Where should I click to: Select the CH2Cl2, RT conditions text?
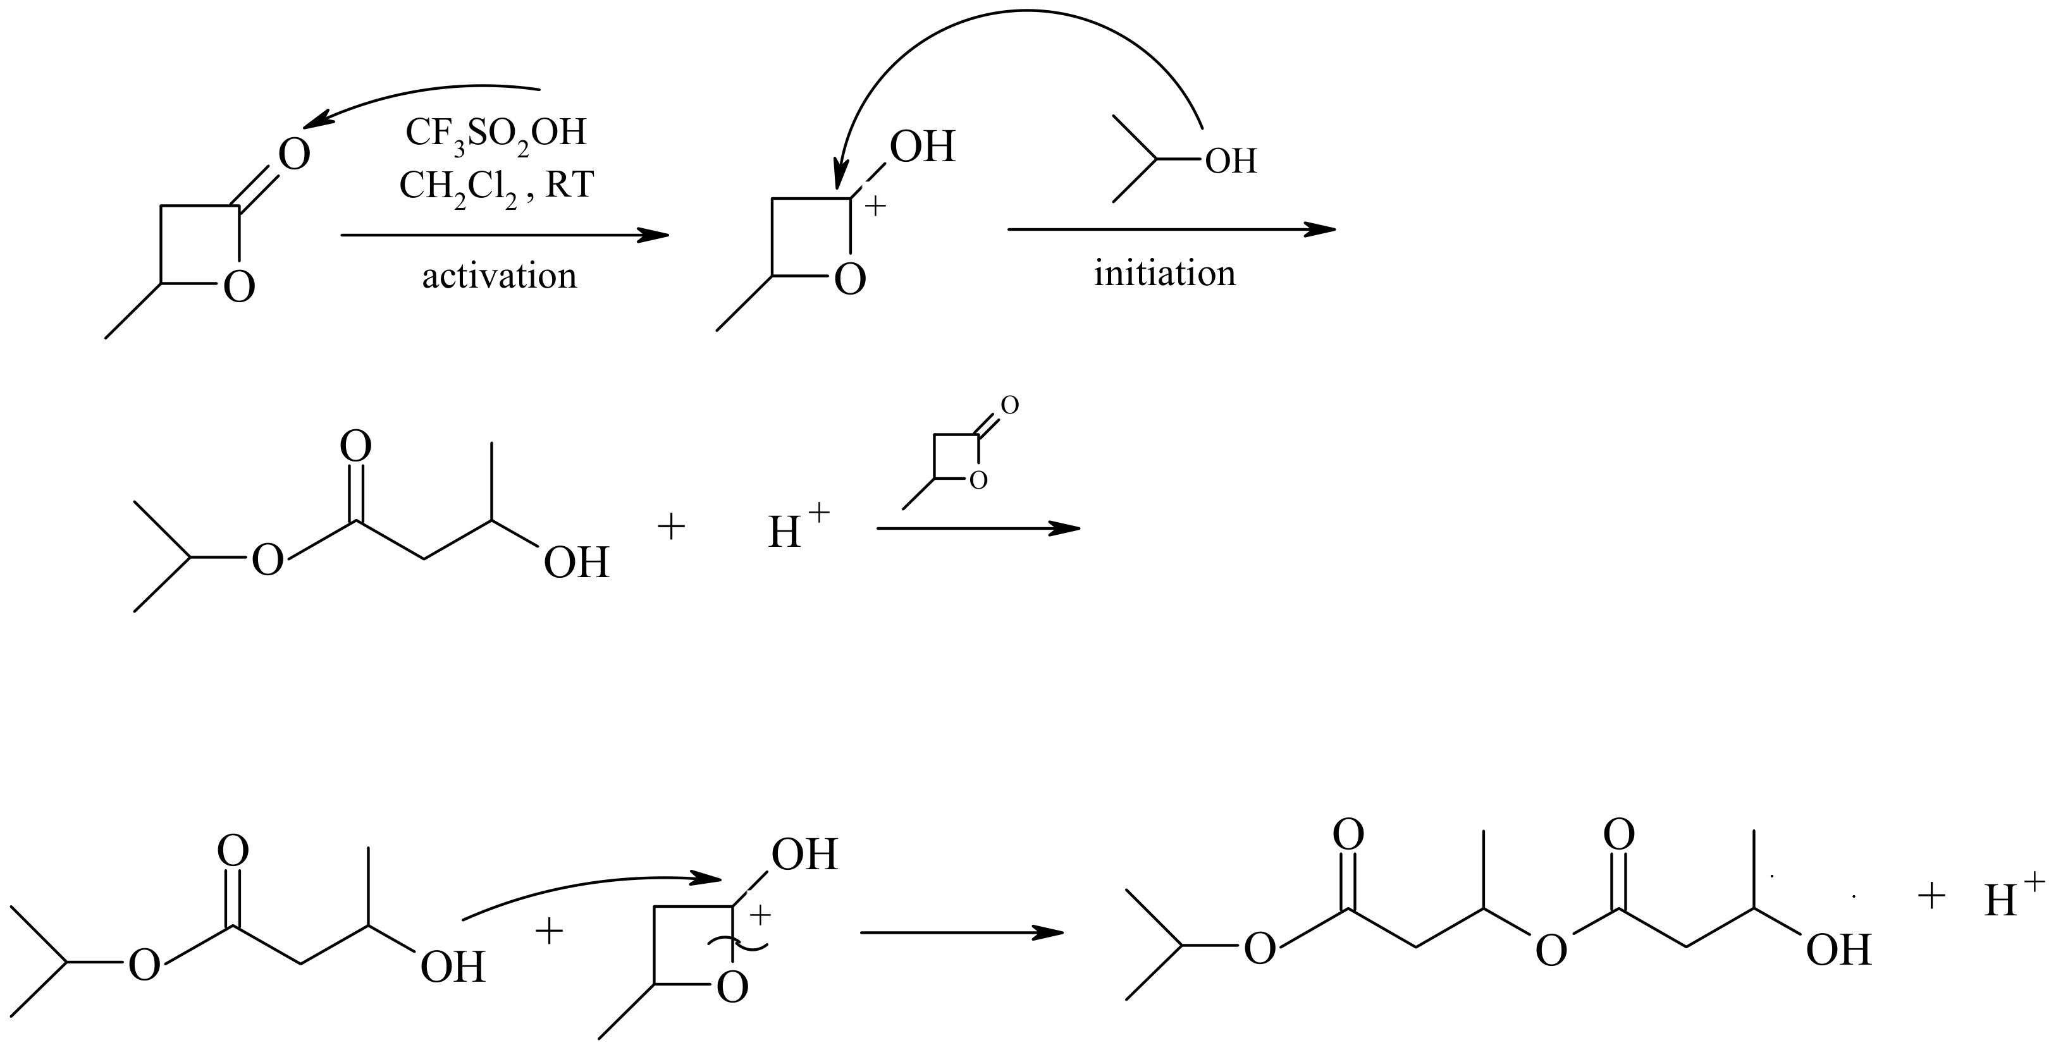coord(496,188)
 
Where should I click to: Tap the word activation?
coord(499,276)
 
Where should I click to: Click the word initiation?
coord(1164,274)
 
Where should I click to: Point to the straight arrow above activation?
coord(505,235)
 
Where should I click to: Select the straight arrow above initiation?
coord(1172,230)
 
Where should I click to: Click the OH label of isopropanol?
coord(1231,161)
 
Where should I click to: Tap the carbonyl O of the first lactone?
coord(293,155)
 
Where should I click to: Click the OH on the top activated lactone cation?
coord(923,147)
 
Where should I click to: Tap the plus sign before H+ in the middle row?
coord(671,527)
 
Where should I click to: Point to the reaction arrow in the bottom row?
coord(962,932)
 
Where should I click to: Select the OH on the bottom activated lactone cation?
coord(804,855)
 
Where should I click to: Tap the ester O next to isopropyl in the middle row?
coord(268,561)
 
